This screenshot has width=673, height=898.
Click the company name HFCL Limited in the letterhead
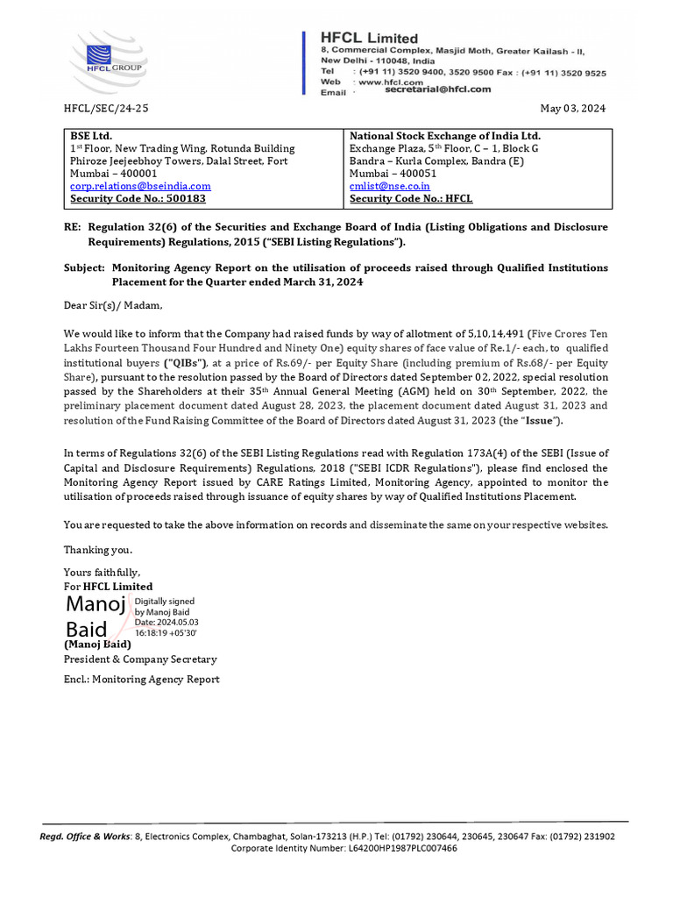click(x=369, y=39)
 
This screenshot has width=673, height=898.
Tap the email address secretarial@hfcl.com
click(x=437, y=89)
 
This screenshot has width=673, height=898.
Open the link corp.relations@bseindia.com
click(x=140, y=186)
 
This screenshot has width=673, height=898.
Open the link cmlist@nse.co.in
click(x=390, y=186)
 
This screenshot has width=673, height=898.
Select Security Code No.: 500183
click(x=138, y=199)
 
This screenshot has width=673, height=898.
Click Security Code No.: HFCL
click(x=411, y=199)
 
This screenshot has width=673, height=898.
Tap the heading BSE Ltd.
click(x=91, y=136)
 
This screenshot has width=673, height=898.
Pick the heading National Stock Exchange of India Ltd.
click(x=445, y=136)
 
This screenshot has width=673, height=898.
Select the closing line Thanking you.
click(x=98, y=550)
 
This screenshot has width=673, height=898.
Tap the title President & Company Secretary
click(x=140, y=659)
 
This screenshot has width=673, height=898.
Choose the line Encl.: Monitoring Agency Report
click(x=141, y=680)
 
